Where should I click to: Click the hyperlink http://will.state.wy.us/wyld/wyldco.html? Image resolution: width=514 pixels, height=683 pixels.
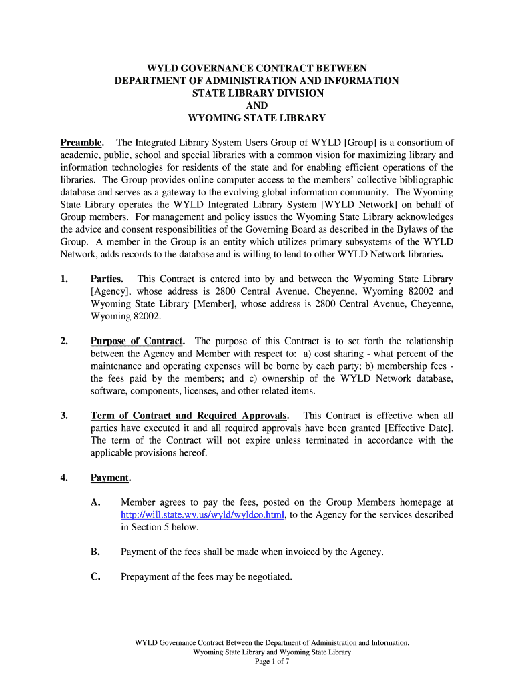[203, 515]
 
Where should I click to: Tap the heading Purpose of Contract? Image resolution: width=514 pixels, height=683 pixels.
[138, 341]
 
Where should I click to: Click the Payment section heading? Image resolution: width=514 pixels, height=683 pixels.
[110, 478]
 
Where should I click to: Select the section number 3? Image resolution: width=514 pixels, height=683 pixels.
[64, 416]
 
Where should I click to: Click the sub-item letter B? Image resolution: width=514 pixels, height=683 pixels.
[95, 552]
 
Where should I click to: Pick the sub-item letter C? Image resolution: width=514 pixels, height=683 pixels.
[95, 577]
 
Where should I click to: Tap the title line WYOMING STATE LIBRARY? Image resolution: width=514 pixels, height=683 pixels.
[257, 119]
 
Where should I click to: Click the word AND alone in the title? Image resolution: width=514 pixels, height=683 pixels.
[257, 106]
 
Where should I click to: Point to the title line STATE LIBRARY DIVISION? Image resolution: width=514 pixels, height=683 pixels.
[257, 93]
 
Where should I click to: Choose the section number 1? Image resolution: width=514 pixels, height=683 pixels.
[64, 279]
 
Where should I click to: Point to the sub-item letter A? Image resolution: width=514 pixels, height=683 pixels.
[95, 502]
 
